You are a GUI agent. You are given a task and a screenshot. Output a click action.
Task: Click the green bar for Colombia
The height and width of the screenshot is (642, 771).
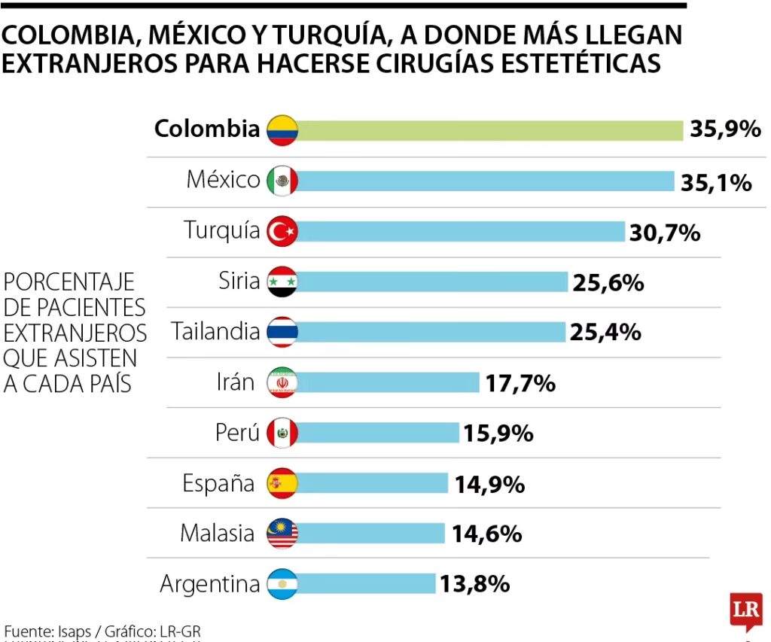pyautogui.click(x=489, y=129)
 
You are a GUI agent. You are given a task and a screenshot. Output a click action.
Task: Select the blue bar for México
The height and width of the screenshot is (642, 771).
pyautogui.click(x=486, y=181)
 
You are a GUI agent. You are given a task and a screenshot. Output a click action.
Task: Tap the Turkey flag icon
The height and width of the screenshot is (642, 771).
pyautogui.click(x=283, y=231)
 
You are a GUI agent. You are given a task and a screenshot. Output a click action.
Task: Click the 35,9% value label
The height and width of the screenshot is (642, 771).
pyautogui.click(x=725, y=129)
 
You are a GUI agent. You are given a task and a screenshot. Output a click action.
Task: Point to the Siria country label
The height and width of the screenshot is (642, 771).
pyautogui.click(x=239, y=281)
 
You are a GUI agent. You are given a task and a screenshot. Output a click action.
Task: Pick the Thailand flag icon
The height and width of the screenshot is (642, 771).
pyautogui.click(x=283, y=332)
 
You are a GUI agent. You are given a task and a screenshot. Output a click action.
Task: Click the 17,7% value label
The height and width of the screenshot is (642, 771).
pyautogui.click(x=520, y=383)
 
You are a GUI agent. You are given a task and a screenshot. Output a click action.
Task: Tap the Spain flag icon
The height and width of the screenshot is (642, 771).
pyautogui.click(x=283, y=483)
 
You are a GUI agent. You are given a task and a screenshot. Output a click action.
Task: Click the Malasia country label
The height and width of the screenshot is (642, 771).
pyautogui.click(x=217, y=534)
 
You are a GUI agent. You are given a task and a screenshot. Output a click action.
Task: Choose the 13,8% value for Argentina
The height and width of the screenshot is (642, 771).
pyautogui.click(x=476, y=583)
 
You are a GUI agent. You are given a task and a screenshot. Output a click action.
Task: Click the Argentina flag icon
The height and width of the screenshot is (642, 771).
pyautogui.click(x=283, y=583)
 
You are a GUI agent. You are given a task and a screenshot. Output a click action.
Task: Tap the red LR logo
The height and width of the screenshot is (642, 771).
pyautogui.click(x=745, y=610)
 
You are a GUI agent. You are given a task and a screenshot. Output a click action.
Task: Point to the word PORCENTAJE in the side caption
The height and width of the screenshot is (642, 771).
pyautogui.click(x=69, y=282)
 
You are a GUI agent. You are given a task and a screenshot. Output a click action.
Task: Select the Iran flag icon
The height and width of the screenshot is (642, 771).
pyautogui.click(x=283, y=383)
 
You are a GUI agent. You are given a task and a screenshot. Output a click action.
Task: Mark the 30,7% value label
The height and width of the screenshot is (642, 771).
pyautogui.click(x=665, y=233)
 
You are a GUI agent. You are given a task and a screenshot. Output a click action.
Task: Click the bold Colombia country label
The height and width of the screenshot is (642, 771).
pyautogui.click(x=206, y=129)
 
